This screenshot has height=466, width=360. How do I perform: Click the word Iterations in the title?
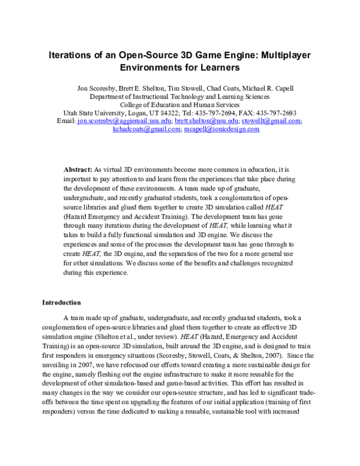(72, 53)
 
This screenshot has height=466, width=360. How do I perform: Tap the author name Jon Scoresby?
(98, 88)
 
